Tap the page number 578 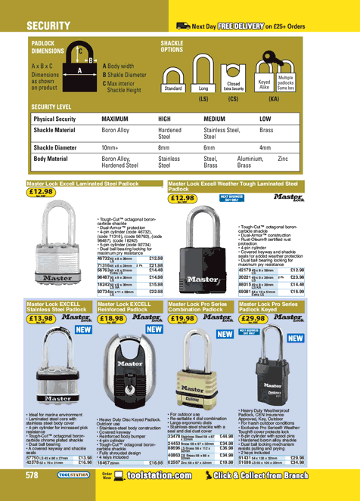coord(32,475)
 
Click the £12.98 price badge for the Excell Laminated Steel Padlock coord(40,193)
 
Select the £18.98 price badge coord(112,320)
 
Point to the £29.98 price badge coord(253,320)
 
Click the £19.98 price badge coord(182,320)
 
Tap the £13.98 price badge coord(40,320)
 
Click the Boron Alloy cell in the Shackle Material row coord(119,131)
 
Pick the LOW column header coord(265,119)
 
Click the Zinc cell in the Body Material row coord(283,159)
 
